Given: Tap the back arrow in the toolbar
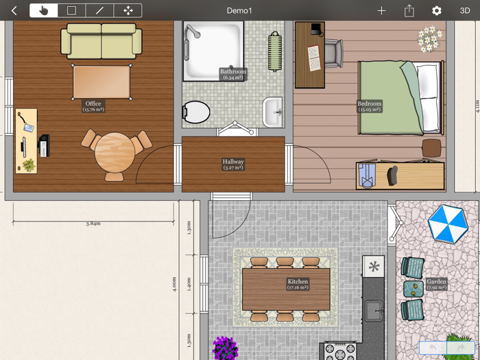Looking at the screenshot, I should tap(14, 11).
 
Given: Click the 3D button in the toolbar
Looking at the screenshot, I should tap(464, 11).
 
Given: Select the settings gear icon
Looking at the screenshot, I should tap(436, 11).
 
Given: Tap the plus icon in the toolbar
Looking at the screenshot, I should tap(381, 11).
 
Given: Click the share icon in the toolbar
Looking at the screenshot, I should tap(409, 11).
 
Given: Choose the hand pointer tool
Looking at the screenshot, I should tap(44, 11).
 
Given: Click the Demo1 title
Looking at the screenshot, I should tap(239, 11).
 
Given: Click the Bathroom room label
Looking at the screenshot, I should tap(233, 74).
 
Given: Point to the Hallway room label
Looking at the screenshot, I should tap(233, 165).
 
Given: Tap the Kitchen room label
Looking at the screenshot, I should tap(298, 284).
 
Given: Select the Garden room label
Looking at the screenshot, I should tap(436, 284).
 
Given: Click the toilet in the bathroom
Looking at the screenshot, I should tap(197, 112).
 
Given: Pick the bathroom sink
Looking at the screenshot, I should tap(273, 112).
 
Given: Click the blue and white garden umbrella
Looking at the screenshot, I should tap(448, 224).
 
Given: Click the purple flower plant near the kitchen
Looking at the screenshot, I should tap(225, 348).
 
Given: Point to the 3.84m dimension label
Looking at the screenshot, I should tap(93, 224).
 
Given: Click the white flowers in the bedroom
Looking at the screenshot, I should tap(430, 39).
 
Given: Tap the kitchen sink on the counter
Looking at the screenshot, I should tap(374, 311).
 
